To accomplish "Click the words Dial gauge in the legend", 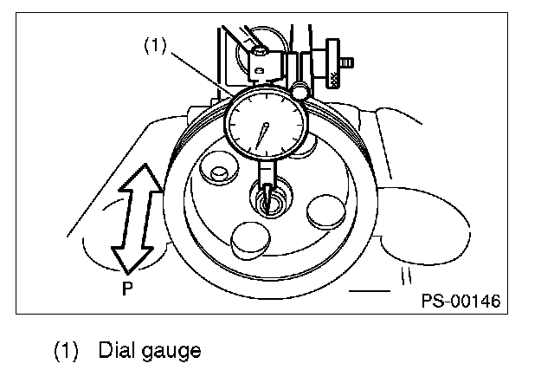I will click(x=149, y=351).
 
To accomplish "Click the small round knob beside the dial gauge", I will click(x=300, y=89).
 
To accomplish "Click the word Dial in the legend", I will click(x=116, y=351).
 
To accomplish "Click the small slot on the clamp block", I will click(x=259, y=53).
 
